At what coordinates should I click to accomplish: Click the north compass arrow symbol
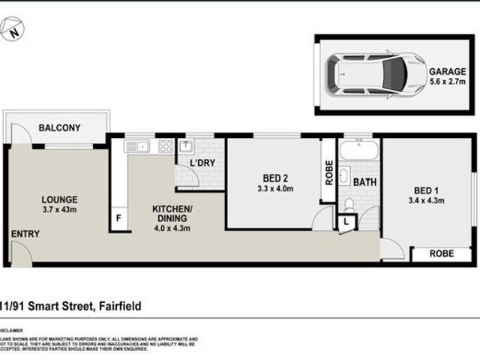coord(13,30)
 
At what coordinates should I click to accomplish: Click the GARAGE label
coord(447,72)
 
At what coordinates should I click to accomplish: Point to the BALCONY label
coord(59,128)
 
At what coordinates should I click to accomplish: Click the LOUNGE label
coord(59,199)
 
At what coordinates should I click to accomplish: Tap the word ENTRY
coord(25,234)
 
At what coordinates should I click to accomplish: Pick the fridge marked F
coord(118,218)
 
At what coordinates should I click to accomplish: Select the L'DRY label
coord(202,163)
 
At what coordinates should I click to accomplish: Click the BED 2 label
coord(276,178)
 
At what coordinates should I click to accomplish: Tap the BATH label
coord(364,181)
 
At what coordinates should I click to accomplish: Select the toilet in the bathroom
coord(348,204)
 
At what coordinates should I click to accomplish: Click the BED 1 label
coord(425,190)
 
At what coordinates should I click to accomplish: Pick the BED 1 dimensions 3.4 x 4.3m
coord(425,200)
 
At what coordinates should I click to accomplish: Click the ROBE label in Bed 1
coord(440,254)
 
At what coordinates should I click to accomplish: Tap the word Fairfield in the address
coord(118,306)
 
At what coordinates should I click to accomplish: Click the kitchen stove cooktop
coord(166,146)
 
